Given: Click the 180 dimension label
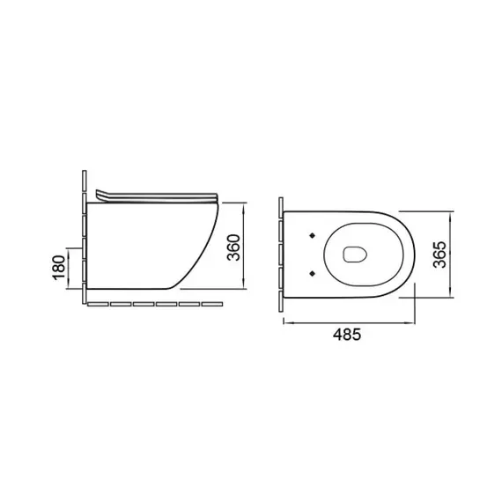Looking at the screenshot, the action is pyautogui.click(x=59, y=268).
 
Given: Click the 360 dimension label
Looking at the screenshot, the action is pyautogui.click(x=233, y=247).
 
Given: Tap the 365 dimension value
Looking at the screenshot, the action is pyautogui.click(x=439, y=255).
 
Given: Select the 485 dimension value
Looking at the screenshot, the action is pyautogui.click(x=347, y=335).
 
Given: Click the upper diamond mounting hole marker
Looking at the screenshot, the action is pyautogui.click(x=313, y=236).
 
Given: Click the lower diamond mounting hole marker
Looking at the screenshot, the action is pyautogui.click(x=313, y=273).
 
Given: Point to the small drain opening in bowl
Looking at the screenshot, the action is pyautogui.click(x=355, y=255).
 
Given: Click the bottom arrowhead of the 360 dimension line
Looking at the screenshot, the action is pyautogui.click(x=244, y=284).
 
